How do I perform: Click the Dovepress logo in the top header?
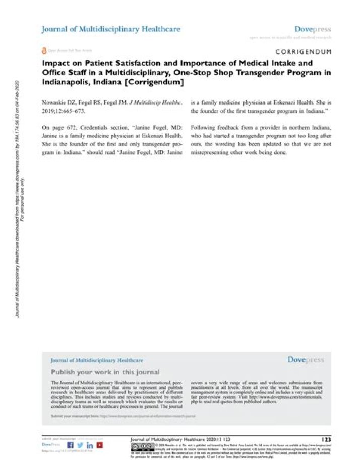coord(313,30)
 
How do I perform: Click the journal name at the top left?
coord(110,30)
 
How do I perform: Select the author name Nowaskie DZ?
coord(59,102)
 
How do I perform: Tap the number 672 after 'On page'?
coord(74,128)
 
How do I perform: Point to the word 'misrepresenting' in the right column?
coord(216,153)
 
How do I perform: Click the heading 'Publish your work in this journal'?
coord(105,372)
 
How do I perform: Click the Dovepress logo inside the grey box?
coord(306,360)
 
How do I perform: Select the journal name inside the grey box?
coord(97,361)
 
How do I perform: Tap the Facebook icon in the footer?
coord(70,445)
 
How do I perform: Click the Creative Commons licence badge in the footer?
coord(142,447)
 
